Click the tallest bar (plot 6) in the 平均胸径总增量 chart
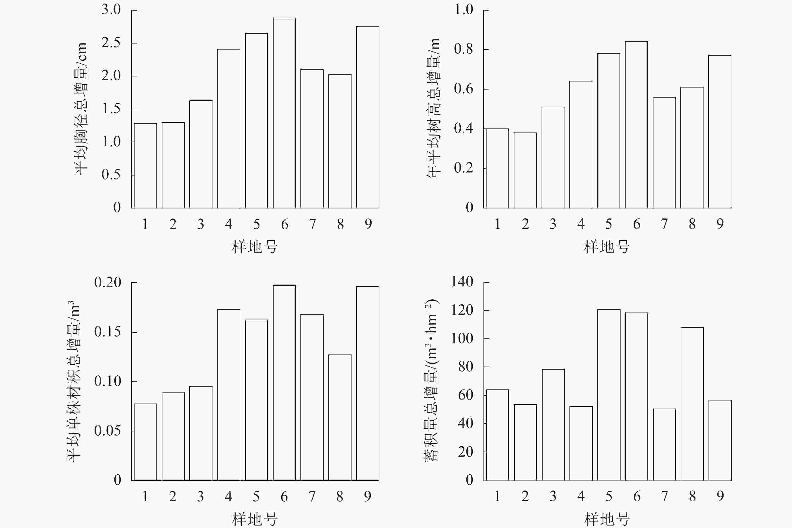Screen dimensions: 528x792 (284, 113)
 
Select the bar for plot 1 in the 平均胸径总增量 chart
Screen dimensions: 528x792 (145, 166)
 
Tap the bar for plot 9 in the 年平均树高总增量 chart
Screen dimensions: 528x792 (720, 132)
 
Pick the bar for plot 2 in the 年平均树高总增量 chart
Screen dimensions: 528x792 (525, 170)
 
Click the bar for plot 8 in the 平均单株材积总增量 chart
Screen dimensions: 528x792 (340, 418)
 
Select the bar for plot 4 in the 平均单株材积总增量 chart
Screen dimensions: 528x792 (229, 395)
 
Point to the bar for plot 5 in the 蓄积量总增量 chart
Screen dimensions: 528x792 (609, 395)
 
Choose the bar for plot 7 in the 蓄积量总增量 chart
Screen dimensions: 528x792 (664, 445)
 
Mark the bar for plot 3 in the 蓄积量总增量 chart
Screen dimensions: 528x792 (553, 425)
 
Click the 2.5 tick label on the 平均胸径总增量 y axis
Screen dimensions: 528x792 (111, 43)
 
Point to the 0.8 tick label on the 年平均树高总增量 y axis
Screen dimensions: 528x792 (463, 49)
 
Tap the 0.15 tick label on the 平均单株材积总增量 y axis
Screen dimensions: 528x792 (107, 332)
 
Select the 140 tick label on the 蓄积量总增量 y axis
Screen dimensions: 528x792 (462, 282)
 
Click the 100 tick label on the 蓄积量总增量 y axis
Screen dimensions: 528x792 (462, 338)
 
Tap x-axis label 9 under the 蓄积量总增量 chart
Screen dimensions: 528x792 (720, 496)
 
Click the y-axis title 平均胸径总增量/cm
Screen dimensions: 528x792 (81, 108)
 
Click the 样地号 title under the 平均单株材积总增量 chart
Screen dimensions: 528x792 (254, 519)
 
